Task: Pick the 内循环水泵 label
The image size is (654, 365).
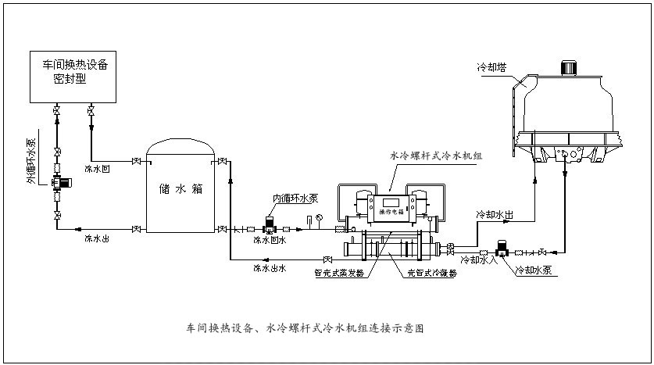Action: (295, 198)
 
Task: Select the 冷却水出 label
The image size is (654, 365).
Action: (495, 213)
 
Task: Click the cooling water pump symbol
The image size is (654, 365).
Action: (502, 249)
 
